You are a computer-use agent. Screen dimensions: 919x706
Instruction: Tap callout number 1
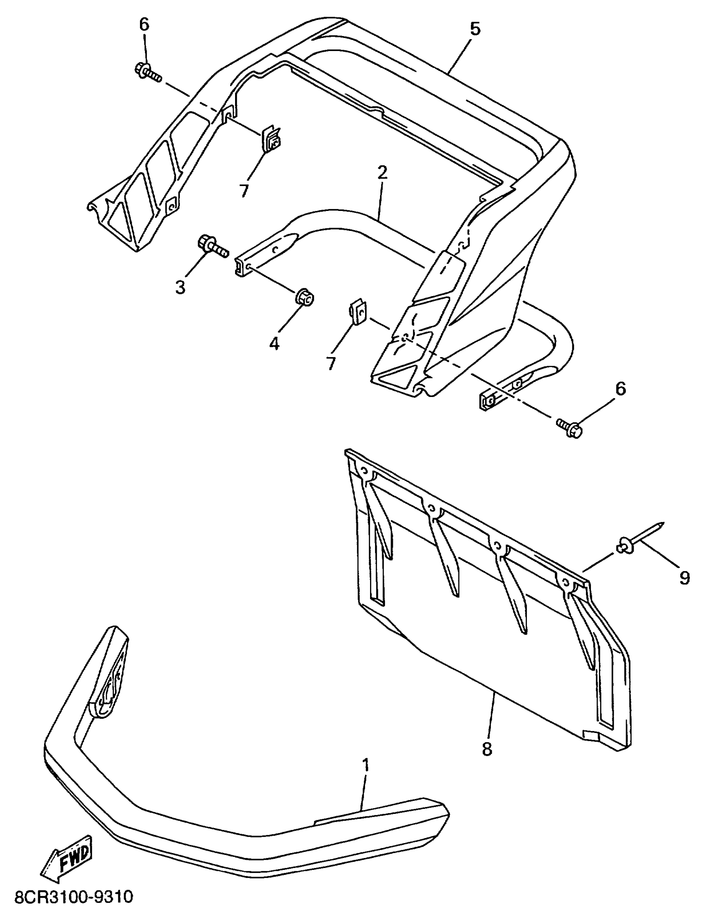(x=365, y=765)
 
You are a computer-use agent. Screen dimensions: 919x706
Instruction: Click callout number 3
(x=180, y=288)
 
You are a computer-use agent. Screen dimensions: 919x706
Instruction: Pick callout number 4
(x=274, y=344)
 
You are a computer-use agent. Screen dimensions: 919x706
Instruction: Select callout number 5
(x=475, y=29)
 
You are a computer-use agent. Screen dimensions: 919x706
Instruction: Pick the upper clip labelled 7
(x=271, y=139)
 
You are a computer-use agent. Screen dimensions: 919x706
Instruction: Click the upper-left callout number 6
(x=144, y=25)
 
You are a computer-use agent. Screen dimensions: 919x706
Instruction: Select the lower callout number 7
(x=331, y=362)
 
